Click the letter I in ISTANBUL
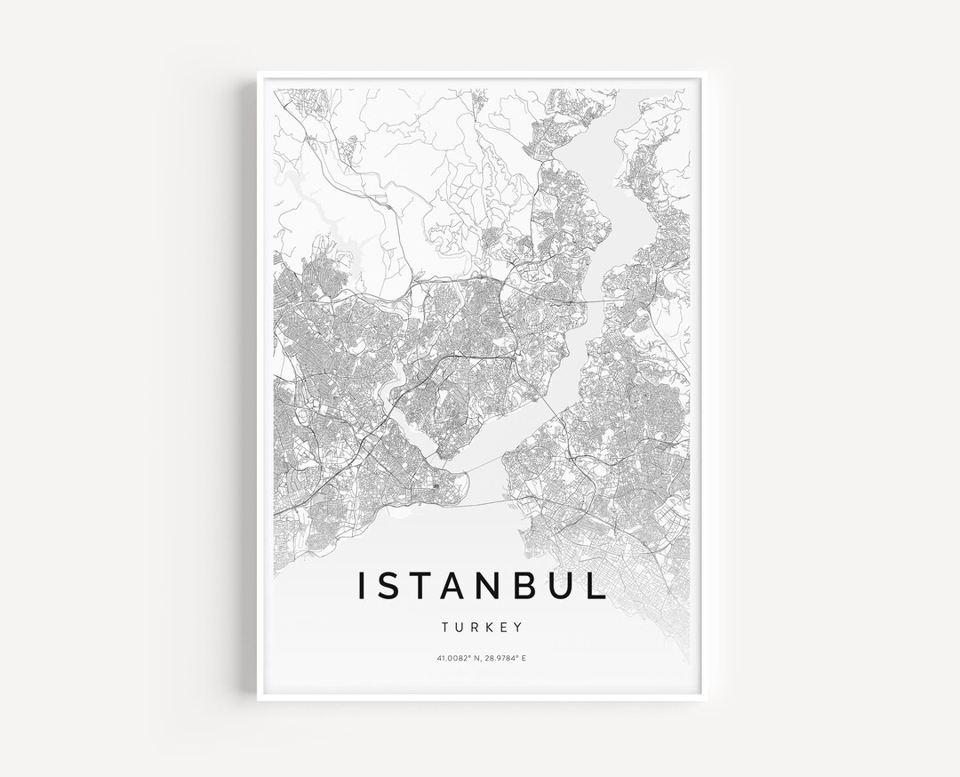tap(361, 586)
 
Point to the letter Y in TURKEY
tap(518, 627)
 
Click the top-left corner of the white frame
tap(260, 73)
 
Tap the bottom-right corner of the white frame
tap(701, 701)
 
